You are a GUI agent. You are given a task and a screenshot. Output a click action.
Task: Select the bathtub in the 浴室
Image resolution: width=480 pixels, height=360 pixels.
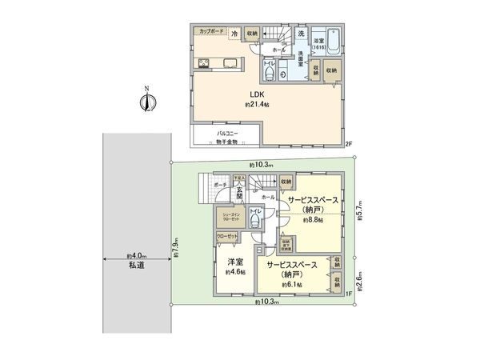pyautogui.click(x=331, y=46)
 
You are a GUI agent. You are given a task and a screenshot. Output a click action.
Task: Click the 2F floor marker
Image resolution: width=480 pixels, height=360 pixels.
pyautogui.click(x=349, y=144)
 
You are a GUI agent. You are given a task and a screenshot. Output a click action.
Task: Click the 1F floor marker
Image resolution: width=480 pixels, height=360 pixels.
pyautogui.click(x=349, y=294)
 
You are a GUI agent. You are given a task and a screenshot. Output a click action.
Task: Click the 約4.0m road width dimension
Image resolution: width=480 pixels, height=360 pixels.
pyautogui.click(x=134, y=257)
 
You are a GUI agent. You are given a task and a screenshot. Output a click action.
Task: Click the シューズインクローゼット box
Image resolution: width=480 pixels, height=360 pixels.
pyautogui.click(x=227, y=216)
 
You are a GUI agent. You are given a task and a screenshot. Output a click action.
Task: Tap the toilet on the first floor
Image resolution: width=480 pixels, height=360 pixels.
pyautogui.click(x=256, y=218)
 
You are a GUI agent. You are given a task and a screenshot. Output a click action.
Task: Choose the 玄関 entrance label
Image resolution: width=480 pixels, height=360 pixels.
pyautogui.click(x=239, y=194)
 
